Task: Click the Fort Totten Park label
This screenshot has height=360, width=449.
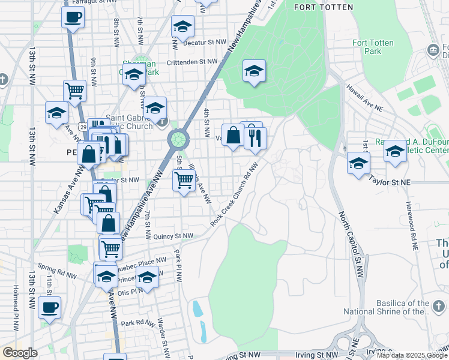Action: click(367, 47)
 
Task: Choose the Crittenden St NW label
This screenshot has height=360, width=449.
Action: click(192, 61)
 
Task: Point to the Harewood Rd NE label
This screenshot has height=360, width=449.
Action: click(414, 228)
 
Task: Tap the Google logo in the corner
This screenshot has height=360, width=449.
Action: click(20, 352)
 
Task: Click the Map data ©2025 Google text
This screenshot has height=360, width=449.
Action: click(411, 355)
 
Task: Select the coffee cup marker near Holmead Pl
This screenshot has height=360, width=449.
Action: click(50, 308)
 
